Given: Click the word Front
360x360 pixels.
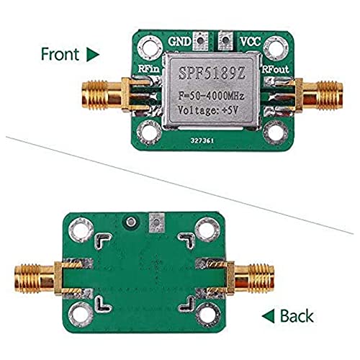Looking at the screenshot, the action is pos(60,54).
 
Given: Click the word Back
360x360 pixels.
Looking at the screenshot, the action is pos(297,316).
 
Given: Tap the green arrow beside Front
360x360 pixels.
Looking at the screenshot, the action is pos(93,55).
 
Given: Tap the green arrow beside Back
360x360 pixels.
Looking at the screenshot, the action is pos(269,316).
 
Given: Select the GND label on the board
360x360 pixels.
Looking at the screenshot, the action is pos(179,42).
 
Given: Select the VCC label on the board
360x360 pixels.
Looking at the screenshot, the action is pos(251,42).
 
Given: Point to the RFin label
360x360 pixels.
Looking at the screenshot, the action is pos(149,69).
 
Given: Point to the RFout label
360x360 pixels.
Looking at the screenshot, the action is pos(275,69).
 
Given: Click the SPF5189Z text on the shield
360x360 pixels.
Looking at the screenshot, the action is pos(212,73).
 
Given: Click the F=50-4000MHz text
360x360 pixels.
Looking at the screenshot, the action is pos(211,96).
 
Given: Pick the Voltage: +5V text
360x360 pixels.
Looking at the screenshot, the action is pos(208,110).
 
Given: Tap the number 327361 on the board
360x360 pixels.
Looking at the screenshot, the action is pos(202,140).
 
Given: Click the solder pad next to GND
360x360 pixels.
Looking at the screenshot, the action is pos(200,41).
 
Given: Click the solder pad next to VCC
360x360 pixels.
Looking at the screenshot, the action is pos(225,41).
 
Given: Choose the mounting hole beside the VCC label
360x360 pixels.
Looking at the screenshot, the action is pos(276,48).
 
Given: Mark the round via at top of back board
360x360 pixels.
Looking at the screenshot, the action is pos(130,222).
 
